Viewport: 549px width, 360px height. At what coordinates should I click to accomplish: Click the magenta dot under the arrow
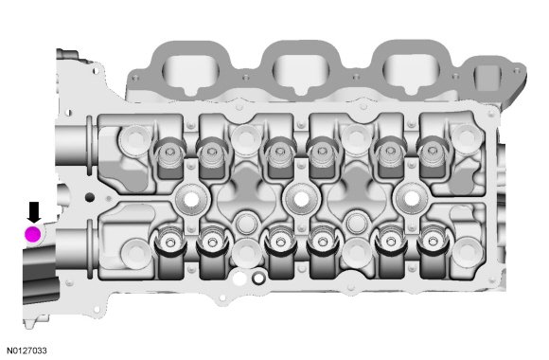click(33, 234)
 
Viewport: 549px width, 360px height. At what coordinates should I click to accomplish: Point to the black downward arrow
click(34, 212)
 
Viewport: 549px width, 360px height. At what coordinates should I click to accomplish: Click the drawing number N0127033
click(27, 351)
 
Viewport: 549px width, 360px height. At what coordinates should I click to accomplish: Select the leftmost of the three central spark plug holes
click(191, 200)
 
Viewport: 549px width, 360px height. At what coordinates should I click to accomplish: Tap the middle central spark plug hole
click(300, 200)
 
